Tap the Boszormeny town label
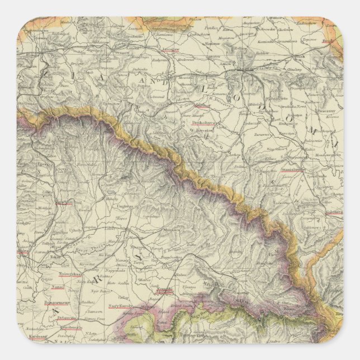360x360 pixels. pyautogui.click(x=55, y=302)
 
